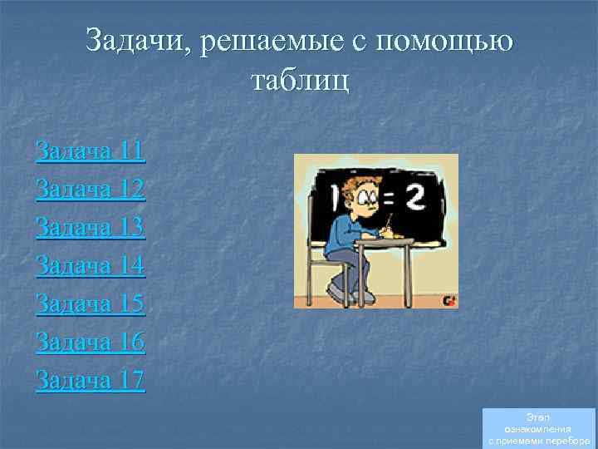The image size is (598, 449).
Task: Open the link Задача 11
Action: click(91, 151)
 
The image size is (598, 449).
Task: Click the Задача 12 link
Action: click(91, 190)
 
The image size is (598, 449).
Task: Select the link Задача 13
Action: click(91, 227)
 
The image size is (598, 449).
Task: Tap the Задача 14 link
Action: click(91, 266)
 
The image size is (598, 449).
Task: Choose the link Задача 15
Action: click(91, 304)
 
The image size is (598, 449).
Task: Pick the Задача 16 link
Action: click(91, 342)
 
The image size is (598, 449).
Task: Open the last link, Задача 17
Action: click(91, 380)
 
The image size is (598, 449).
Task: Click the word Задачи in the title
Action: click(136, 41)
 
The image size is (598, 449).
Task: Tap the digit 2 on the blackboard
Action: click(415, 197)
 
